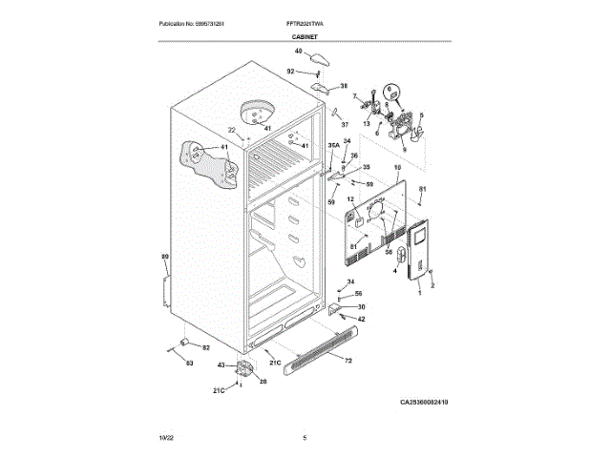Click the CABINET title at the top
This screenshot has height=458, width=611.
[x=305, y=36]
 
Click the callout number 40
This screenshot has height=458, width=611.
[x=298, y=51]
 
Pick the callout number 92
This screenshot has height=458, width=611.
[x=291, y=71]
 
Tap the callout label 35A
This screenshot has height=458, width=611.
[x=333, y=146]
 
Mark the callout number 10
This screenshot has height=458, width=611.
[x=397, y=167]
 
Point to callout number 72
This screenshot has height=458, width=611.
[x=348, y=360]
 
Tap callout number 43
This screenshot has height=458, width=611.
[x=221, y=365]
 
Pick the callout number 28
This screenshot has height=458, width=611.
[x=263, y=381]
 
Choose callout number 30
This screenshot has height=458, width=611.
[x=361, y=306]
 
